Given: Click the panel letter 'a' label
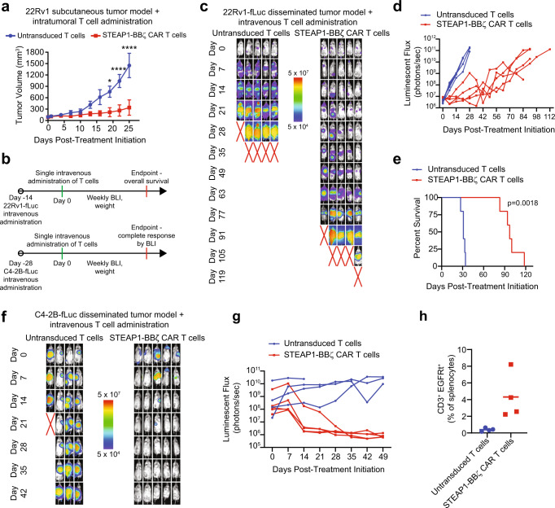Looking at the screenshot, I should [x=6, y=7].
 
